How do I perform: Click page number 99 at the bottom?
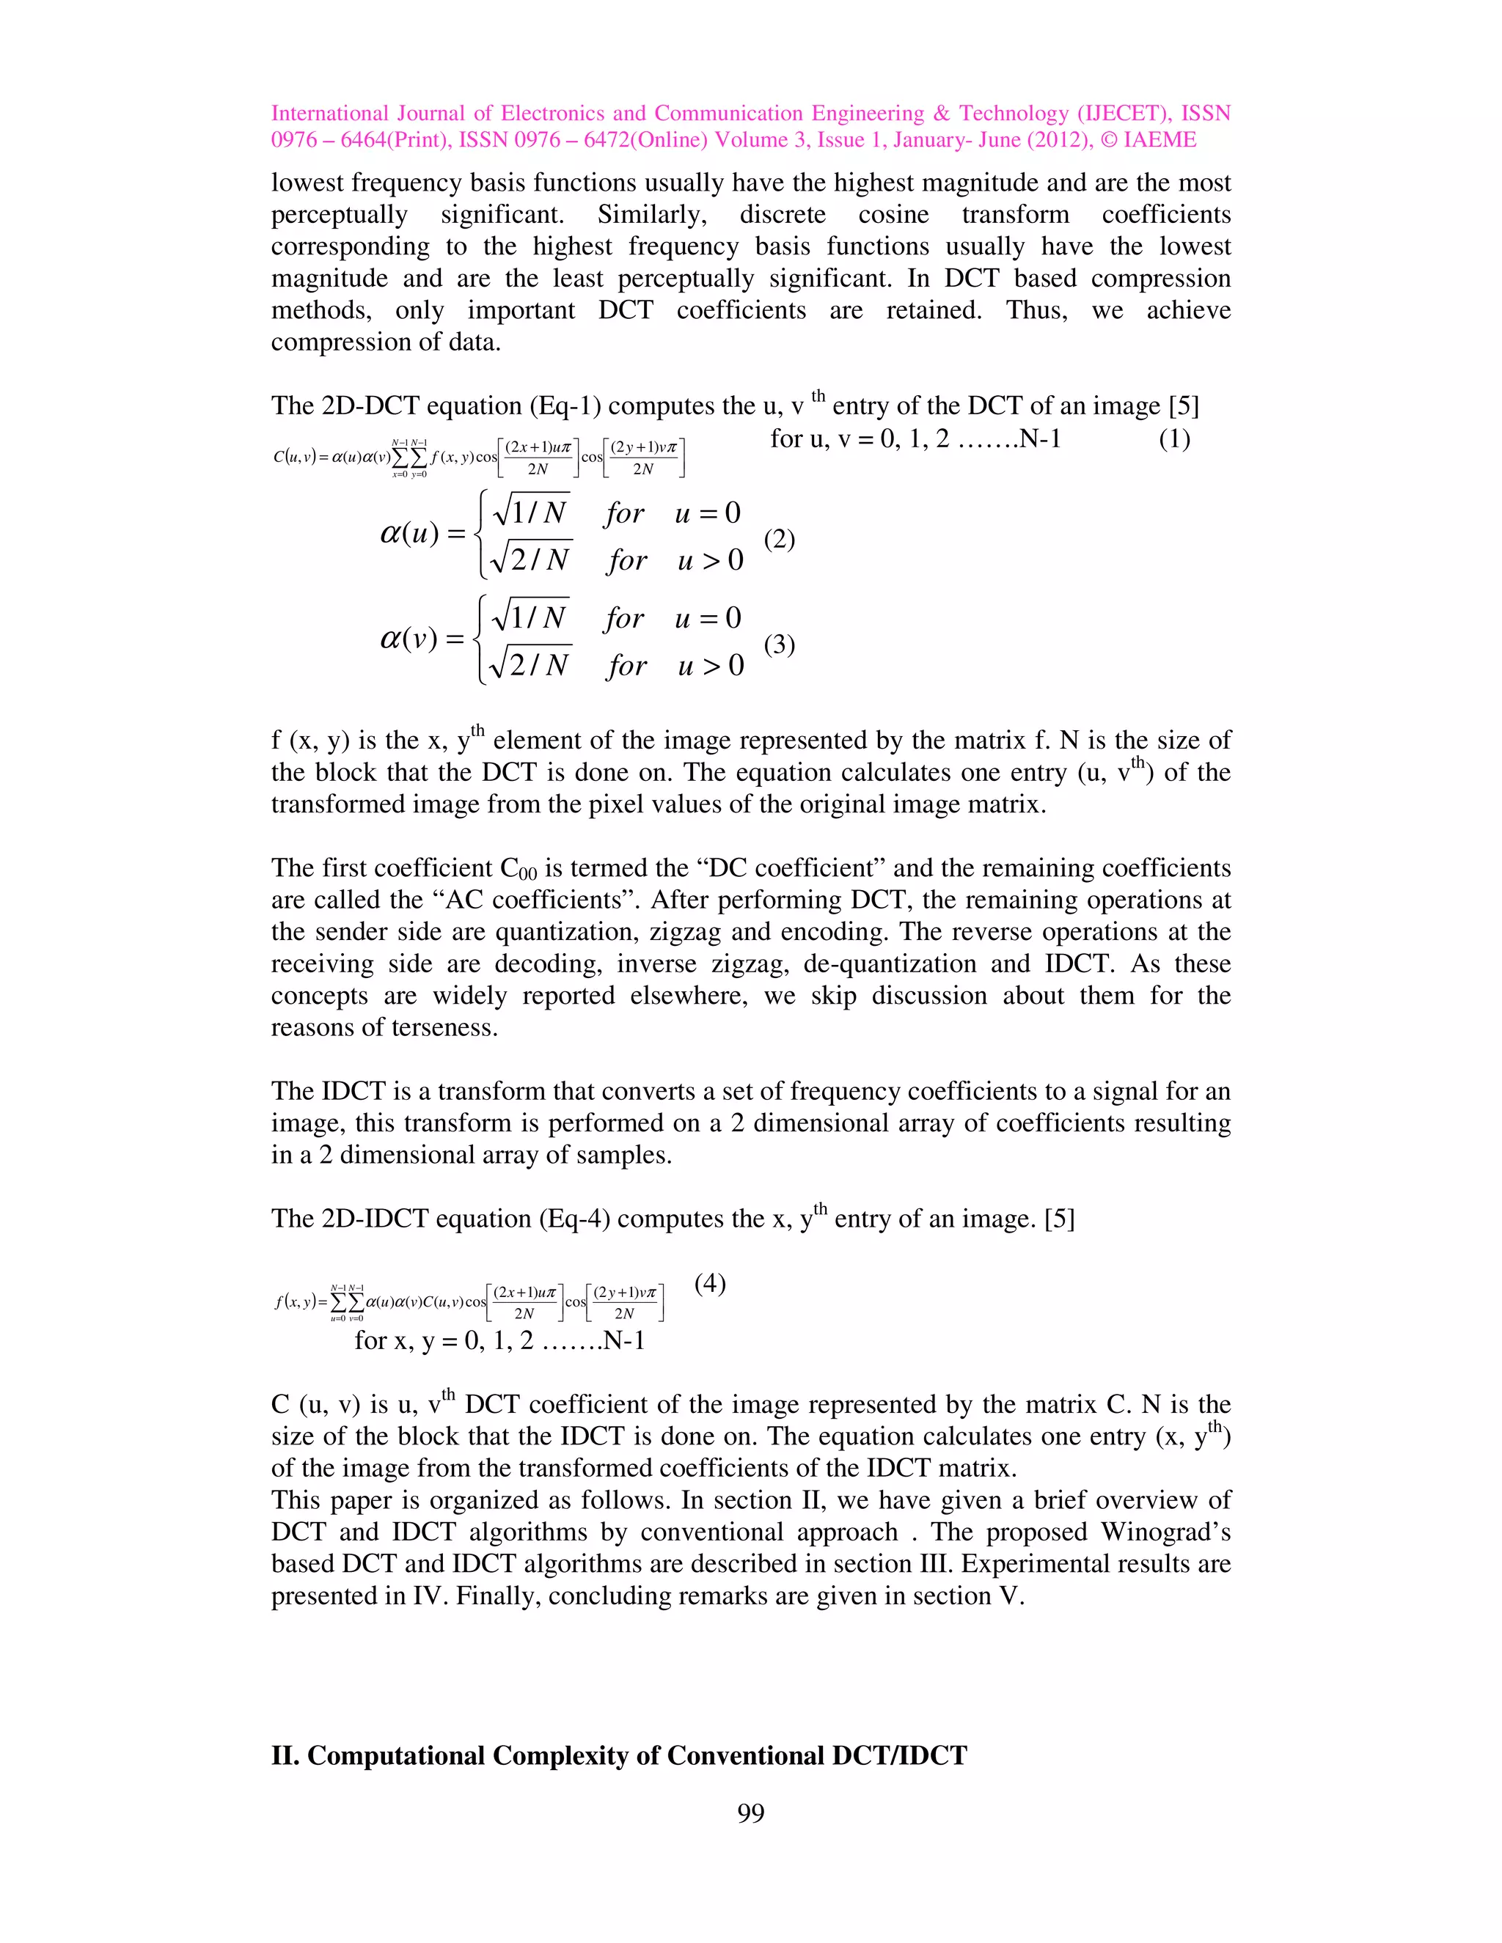[750, 1813]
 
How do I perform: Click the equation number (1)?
[1173, 439]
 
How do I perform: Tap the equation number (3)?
[779, 643]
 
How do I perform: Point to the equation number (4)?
[710, 1283]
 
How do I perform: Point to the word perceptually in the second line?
[339, 214]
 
